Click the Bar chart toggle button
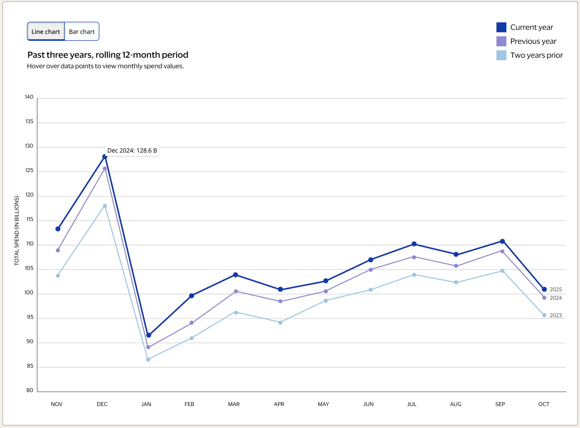click(x=82, y=32)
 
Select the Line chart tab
click(x=46, y=32)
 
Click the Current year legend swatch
click(x=501, y=27)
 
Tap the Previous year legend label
click(x=533, y=41)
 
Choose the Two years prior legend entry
click(x=536, y=55)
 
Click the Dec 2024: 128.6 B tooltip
click(x=132, y=150)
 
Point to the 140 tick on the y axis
click(x=29, y=97)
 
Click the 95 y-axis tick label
click(x=30, y=317)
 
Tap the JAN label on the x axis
click(x=146, y=404)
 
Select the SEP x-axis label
click(x=500, y=404)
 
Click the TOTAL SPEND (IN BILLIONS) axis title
click(x=17, y=231)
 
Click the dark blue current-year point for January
click(x=149, y=335)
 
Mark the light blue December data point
click(x=105, y=206)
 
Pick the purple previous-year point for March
click(x=236, y=291)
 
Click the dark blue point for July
click(x=414, y=244)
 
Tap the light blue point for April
click(x=280, y=322)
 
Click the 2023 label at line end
click(x=555, y=315)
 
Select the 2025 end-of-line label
click(x=555, y=289)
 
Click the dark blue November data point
click(x=58, y=229)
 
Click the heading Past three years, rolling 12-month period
click(x=108, y=55)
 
